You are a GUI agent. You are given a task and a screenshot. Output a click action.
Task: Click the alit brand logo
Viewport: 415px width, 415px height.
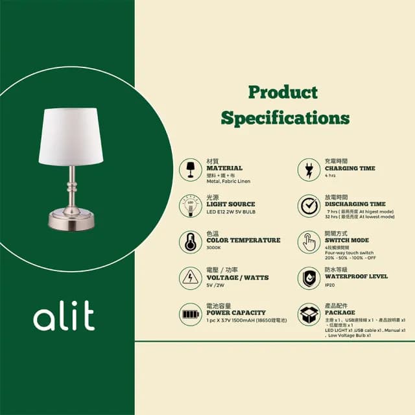point(64,318)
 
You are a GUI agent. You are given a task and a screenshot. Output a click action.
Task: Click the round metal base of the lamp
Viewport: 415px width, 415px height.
point(72,219)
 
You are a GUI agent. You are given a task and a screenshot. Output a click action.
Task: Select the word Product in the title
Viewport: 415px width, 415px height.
point(283,92)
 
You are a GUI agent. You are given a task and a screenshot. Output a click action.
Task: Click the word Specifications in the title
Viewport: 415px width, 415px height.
point(285,118)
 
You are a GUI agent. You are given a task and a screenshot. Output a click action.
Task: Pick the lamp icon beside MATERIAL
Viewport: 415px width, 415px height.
point(191,169)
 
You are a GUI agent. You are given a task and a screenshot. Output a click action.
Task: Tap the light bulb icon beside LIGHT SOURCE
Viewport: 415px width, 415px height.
point(191,206)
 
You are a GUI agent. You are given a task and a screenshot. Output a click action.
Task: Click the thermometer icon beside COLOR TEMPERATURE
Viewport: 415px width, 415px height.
point(191,242)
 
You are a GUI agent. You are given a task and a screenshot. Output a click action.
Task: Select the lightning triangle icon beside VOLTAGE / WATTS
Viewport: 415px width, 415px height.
point(191,278)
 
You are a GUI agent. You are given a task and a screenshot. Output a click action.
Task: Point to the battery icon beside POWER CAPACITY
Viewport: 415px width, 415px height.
point(191,314)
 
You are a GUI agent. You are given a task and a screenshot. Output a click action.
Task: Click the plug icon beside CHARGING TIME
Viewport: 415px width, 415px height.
point(309,169)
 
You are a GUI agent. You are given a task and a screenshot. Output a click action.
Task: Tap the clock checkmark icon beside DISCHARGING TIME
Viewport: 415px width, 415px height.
point(309,206)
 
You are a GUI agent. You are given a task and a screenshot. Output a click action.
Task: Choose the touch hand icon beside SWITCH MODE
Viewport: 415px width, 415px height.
point(309,242)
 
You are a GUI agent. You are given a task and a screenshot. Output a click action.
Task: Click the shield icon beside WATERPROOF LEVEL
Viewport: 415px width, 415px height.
point(309,278)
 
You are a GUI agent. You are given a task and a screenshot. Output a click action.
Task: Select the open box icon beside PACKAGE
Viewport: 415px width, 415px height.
point(309,314)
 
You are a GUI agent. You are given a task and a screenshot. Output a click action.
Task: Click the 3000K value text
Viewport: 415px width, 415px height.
point(214,248)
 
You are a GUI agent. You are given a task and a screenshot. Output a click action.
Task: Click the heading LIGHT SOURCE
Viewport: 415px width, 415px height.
point(230,204)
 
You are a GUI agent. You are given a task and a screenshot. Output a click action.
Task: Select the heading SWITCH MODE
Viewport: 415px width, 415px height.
point(346,240)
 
